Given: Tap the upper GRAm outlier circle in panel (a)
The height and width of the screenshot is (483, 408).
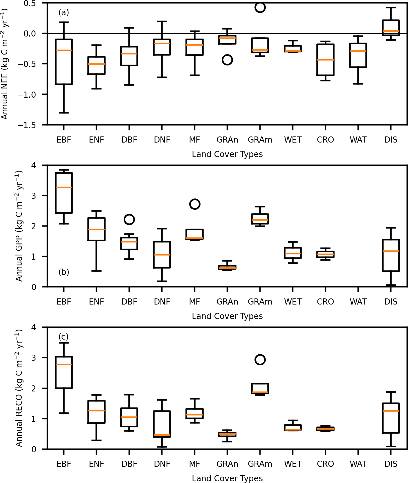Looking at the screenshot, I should click(260, 8).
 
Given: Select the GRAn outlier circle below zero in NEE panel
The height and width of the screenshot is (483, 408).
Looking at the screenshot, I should click(227, 60).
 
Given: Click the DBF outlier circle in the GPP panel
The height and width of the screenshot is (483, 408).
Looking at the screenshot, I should click(129, 219).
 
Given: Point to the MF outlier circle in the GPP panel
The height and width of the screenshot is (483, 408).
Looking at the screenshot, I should click(195, 204).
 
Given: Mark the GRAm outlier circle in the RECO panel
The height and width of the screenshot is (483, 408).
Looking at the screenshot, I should click(260, 360).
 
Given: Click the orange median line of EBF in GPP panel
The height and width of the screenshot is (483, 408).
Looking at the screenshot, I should click(64, 187).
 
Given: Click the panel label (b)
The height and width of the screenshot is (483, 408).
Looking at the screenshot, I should click(64, 272).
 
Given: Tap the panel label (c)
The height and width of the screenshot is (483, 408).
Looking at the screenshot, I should click(64, 337).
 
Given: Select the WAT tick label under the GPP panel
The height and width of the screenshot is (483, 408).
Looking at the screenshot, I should click(358, 302).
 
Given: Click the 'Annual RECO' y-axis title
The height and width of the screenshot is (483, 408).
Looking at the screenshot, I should click(19, 388).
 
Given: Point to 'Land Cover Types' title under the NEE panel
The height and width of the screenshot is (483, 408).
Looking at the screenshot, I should click(227, 154).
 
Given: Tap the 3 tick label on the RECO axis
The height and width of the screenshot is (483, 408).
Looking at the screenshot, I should click(34, 358).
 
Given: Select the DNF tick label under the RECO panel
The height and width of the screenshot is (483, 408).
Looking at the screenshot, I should click(162, 464).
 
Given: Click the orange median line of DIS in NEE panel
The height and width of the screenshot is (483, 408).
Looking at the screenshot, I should click(391, 31).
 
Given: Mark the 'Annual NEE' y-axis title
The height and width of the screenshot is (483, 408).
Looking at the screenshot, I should click(5, 64).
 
